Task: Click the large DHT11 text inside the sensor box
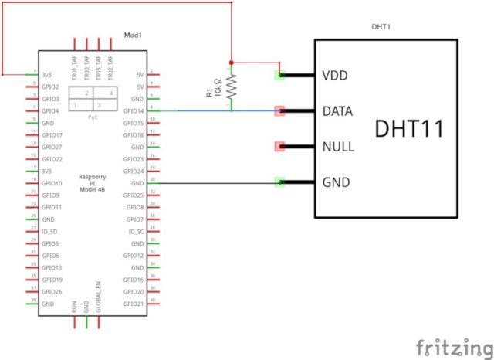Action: point(409,129)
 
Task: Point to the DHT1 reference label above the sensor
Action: point(380,25)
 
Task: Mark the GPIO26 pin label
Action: point(52,291)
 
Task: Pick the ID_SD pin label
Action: point(50,231)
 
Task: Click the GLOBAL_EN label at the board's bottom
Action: point(99,296)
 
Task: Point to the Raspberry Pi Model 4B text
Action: point(93,183)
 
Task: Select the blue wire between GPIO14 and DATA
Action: point(201,111)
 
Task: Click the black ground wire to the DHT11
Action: point(216,183)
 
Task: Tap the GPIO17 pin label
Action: point(52,135)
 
